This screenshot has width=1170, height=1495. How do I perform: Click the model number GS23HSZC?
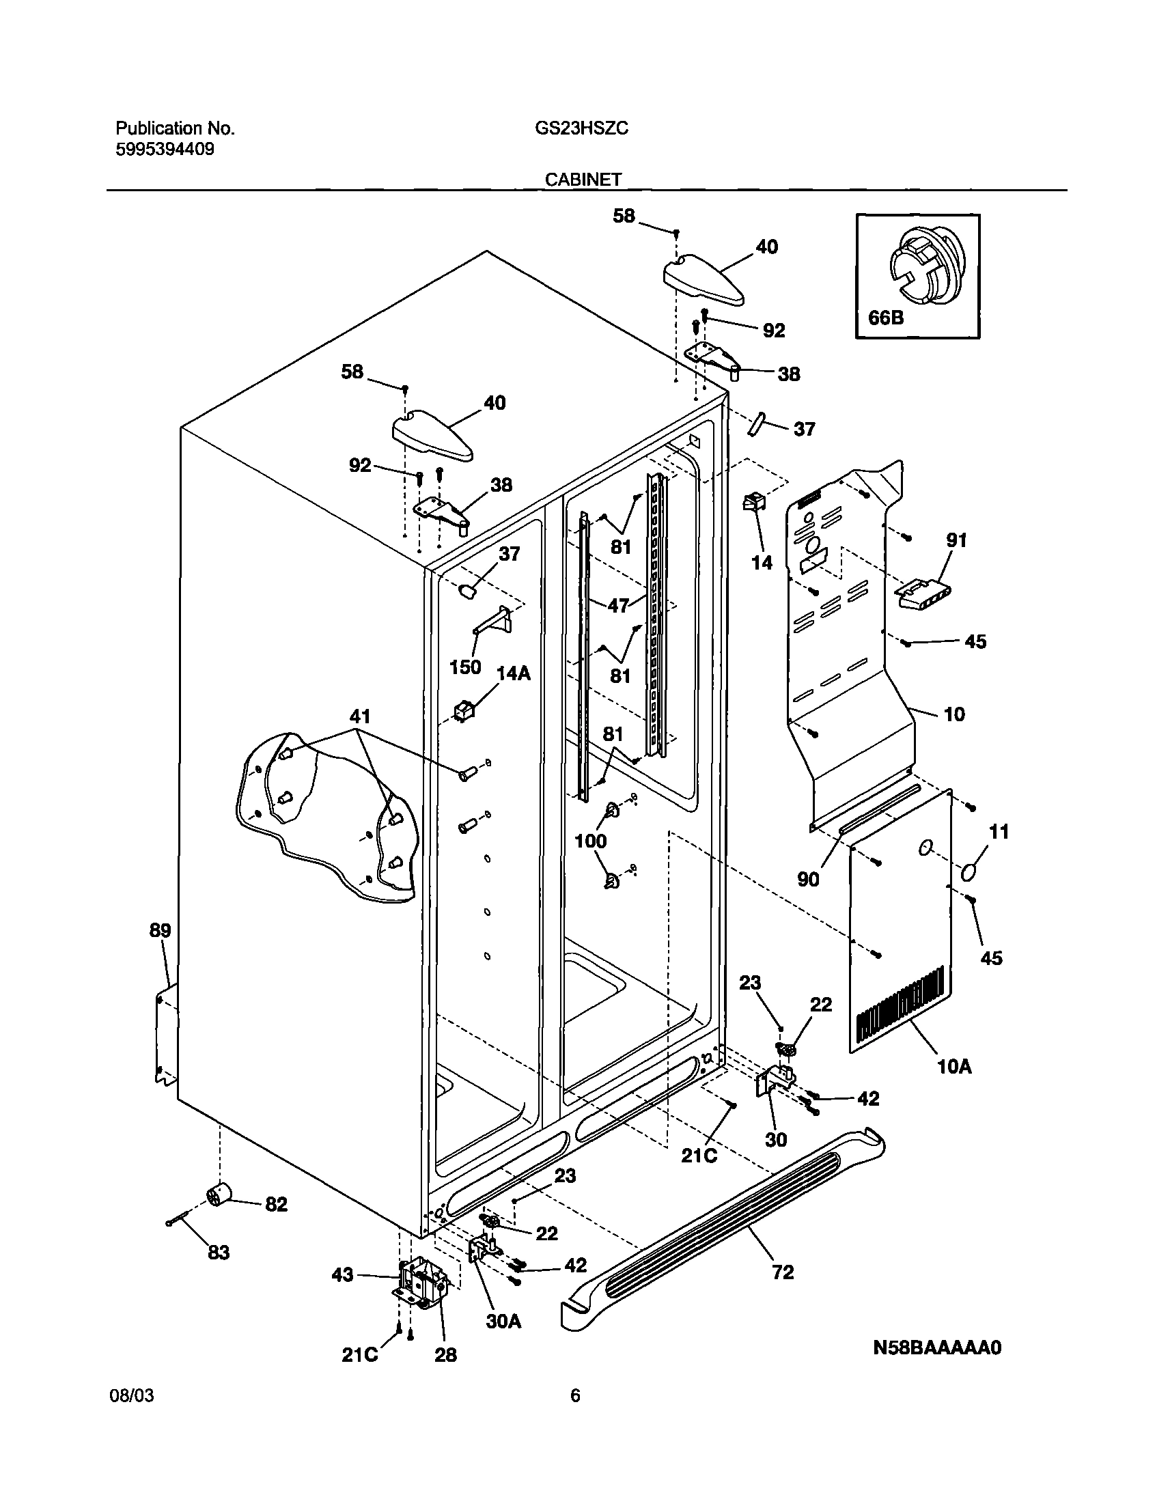tap(581, 129)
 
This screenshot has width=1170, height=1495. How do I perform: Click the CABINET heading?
tap(583, 180)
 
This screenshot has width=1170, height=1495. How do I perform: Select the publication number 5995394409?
tap(165, 150)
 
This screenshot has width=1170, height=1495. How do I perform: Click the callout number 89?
tap(161, 931)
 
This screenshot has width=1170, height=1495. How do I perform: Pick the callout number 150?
tap(465, 667)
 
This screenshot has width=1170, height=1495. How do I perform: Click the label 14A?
tap(513, 674)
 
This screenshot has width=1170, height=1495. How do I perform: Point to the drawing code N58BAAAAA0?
tap(937, 1347)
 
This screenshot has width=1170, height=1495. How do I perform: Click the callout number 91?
tap(956, 540)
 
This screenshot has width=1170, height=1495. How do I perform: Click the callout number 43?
tap(342, 1274)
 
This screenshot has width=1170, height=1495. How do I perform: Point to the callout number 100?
tap(591, 841)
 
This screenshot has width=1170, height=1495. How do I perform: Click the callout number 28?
tap(446, 1354)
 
